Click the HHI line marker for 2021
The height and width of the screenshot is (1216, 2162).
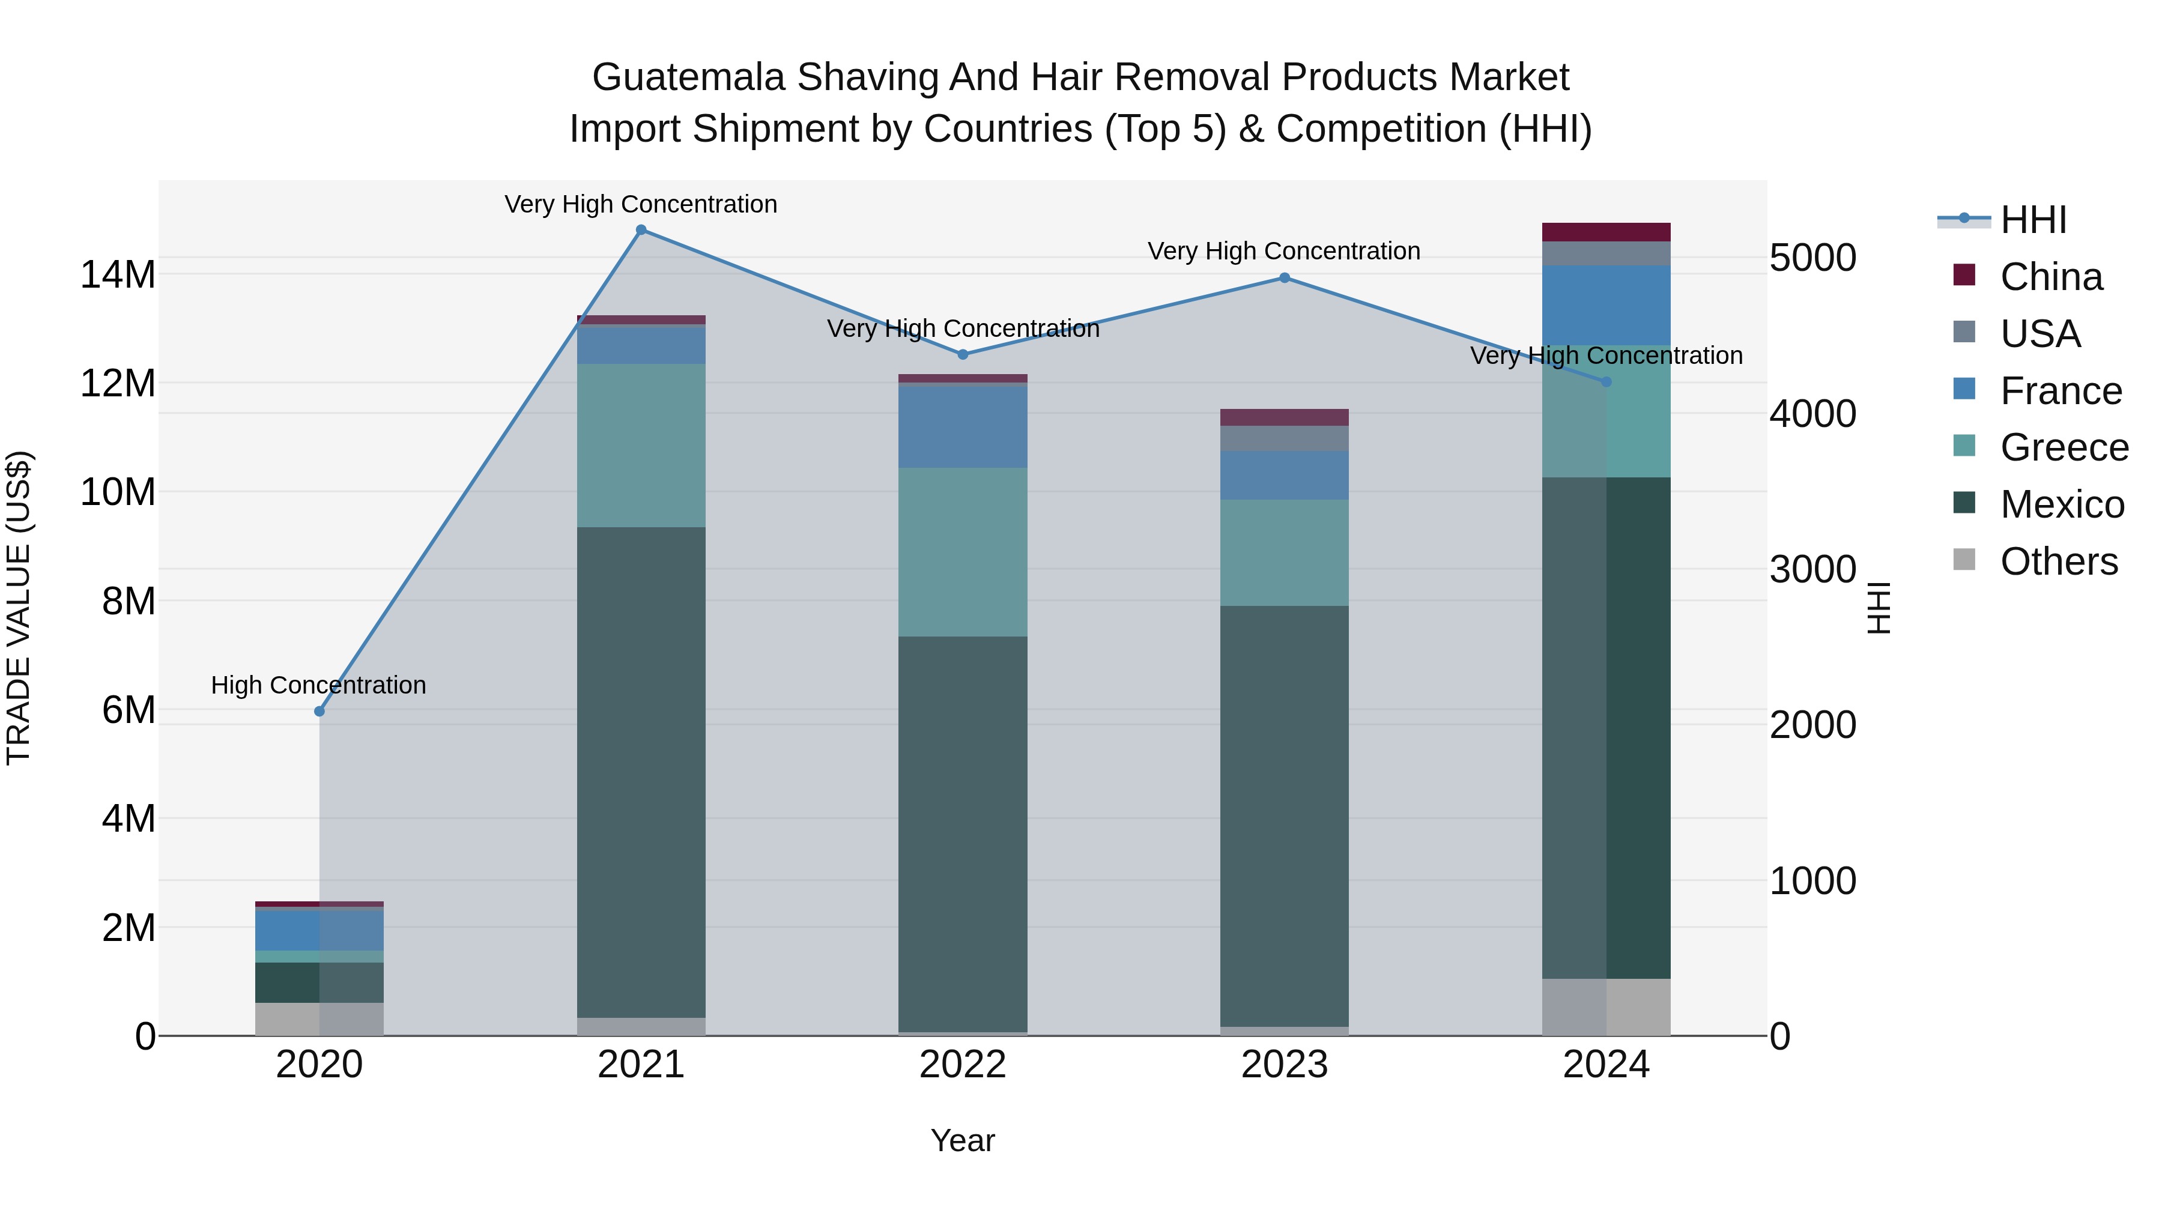tap(641, 230)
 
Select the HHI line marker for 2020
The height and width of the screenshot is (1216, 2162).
tap(319, 712)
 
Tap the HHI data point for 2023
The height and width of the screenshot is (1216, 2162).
tap(1284, 278)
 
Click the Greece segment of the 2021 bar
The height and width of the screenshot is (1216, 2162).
tap(641, 445)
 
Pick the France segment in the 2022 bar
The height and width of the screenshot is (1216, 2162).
tap(963, 426)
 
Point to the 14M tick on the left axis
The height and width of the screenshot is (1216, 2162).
tap(118, 274)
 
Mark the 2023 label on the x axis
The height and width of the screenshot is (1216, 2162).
tap(1284, 1065)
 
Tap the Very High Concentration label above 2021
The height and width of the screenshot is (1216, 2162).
tap(641, 204)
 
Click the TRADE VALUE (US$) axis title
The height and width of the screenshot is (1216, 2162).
tap(19, 608)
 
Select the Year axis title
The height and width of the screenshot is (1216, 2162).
tap(963, 1140)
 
